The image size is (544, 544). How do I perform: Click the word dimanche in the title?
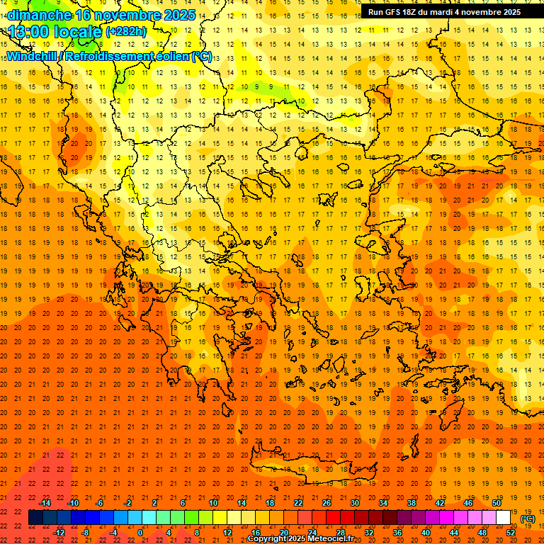39,15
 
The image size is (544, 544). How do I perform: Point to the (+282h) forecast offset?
126,31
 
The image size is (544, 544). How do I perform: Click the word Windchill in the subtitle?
32,56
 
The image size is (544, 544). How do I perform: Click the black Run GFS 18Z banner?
444,11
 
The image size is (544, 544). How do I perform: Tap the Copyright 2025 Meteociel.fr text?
300,539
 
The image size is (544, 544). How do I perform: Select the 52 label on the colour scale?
511,533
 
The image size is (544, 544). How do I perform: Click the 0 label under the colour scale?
140,533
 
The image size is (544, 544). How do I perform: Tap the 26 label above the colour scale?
327,503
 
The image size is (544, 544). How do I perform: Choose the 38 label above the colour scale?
412,503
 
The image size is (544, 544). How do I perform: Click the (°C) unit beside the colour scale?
528,518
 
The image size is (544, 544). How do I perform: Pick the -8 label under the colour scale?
85,533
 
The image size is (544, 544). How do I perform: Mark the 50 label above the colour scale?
497,503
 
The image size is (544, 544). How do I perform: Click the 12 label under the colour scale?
227,533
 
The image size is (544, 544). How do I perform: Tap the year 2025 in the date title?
178,15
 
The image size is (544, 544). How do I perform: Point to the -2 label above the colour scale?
127,503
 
